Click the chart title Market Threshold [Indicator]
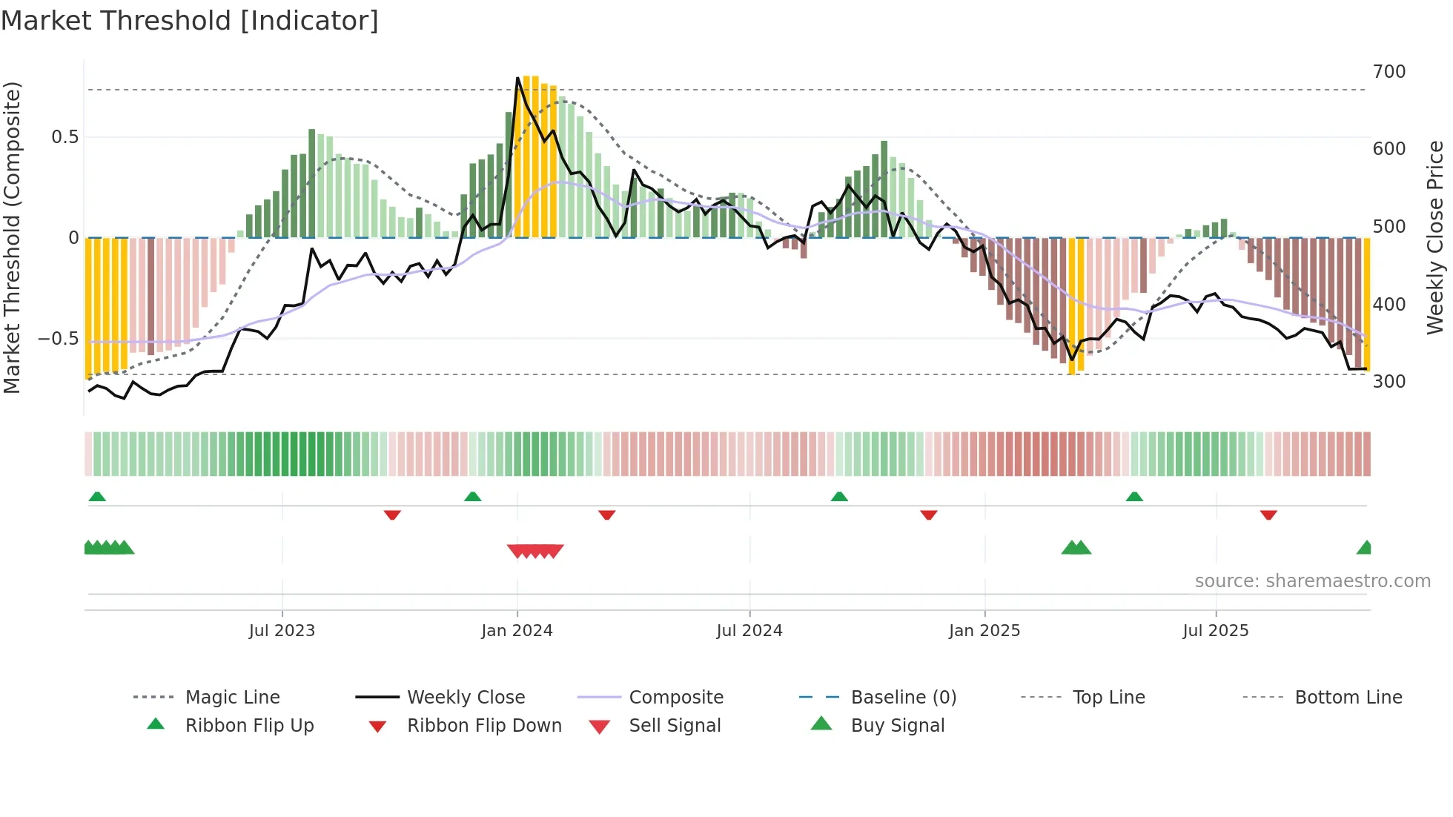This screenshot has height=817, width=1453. (x=190, y=21)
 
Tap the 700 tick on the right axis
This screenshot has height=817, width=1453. (x=1389, y=72)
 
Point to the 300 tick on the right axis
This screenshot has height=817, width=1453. (x=1389, y=382)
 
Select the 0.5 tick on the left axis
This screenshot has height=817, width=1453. (x=64, y=137)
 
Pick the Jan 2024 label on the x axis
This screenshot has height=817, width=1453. (x=517, y=631)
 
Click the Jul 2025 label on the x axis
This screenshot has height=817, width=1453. (x=1216, y=631)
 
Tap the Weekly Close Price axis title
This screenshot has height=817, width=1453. (x=1435, y=237)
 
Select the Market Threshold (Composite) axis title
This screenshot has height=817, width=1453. (x=12, y=237)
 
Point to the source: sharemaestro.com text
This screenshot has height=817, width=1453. (x=1312, y=581)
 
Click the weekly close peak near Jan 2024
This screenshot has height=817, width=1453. (x=517, y=78)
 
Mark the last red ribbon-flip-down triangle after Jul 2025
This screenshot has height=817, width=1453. (x=1268, y=515)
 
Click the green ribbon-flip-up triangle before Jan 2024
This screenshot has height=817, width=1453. (x=472, y=496)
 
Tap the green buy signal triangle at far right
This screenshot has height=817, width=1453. (x=1365, y=548)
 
